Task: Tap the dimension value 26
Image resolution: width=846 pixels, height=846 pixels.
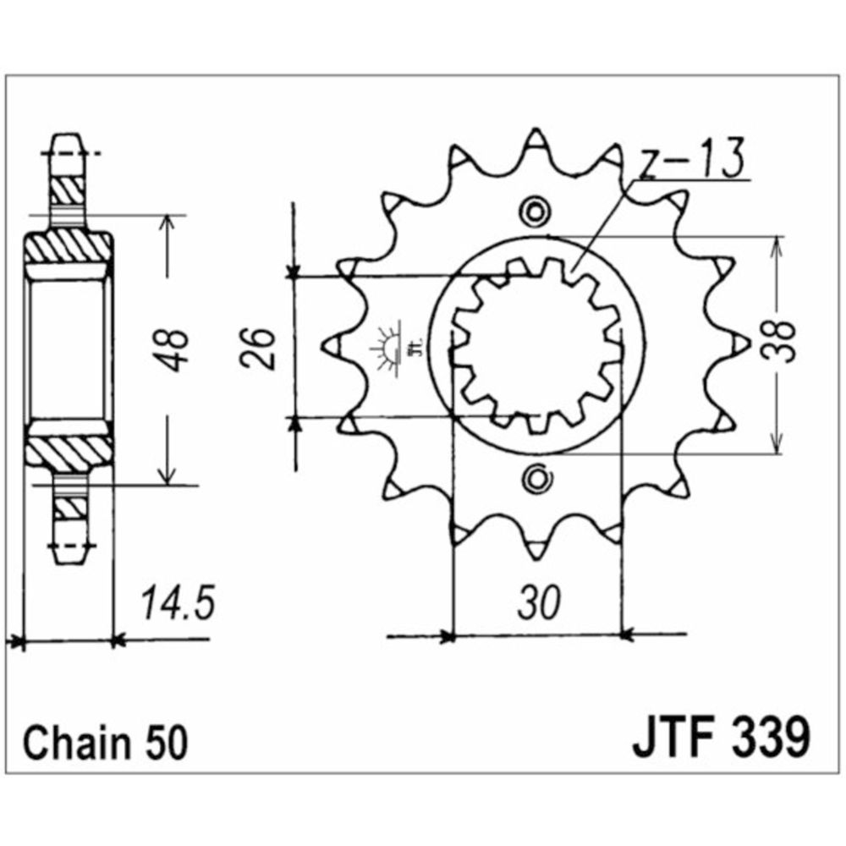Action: [x=262, y=347]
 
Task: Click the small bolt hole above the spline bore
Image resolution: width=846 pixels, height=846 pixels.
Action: [x=535, y=211]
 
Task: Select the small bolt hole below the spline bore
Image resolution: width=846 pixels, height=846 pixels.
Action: [x=535, y=479]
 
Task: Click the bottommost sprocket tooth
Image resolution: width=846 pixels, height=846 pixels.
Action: [x=536, y=550]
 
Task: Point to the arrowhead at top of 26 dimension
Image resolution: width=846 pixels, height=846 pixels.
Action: [x=293, y=271]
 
